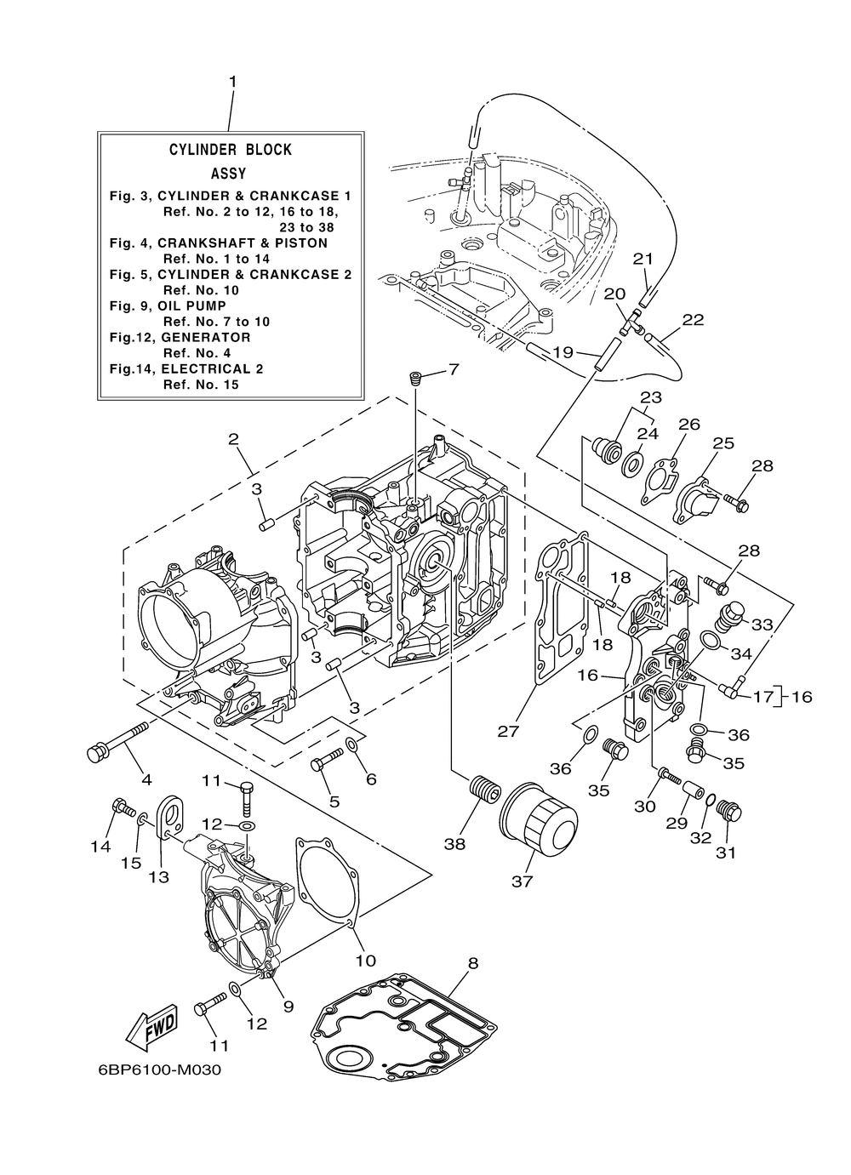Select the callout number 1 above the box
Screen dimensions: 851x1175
click(x=232, y=82)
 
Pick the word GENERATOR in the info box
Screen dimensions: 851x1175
click(x=206, y=337)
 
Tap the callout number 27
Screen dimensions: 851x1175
click(x=508, y=731)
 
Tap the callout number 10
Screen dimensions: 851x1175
click(x=366, y=961)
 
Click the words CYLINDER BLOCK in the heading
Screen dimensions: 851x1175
click(x=231, y=150)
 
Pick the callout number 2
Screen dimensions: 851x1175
click(x=233, y=439)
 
